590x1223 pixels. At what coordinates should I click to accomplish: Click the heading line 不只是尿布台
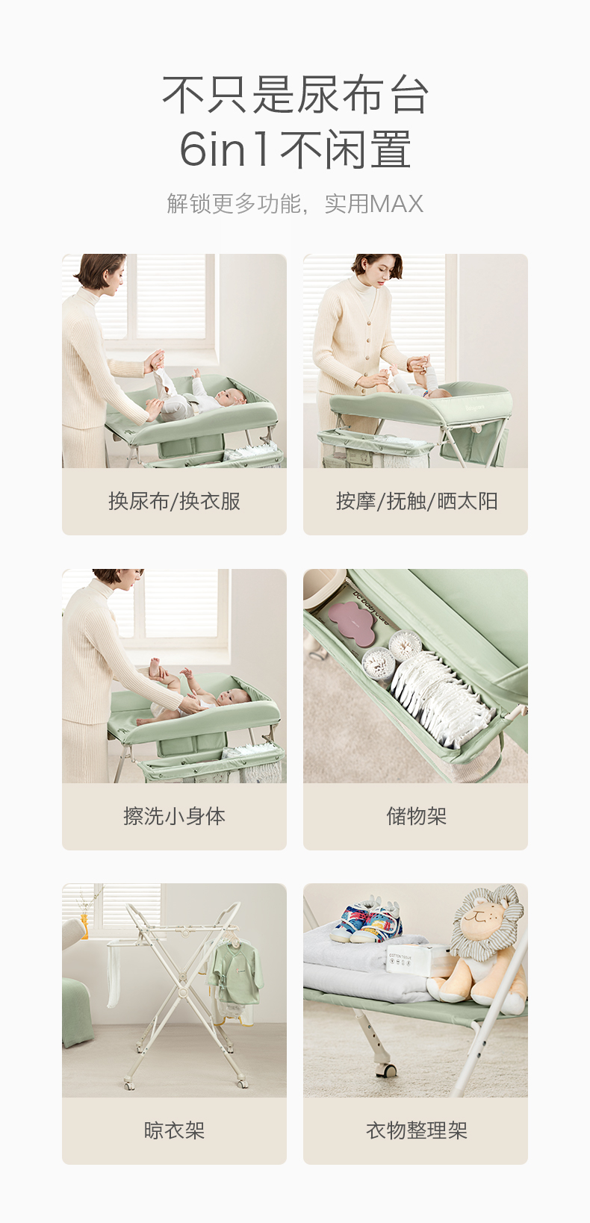[295, 95]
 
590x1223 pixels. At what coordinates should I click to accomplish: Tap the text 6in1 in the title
[224, 149]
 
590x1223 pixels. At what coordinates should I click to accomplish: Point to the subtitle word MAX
[396, 204]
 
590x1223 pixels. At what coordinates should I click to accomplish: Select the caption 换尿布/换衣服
[174, 501]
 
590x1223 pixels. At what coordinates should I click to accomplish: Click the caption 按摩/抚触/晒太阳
[416, 501]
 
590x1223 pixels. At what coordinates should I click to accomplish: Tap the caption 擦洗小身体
[174, 816]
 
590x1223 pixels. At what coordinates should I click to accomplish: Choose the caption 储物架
[416, 816]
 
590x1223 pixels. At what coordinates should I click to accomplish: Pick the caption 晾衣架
[174, 1130]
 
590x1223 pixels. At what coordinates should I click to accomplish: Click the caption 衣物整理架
[416, 1130]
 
